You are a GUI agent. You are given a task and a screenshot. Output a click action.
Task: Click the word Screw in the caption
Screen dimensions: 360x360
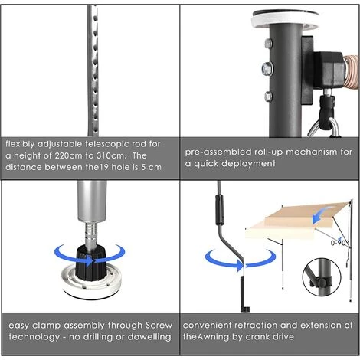(159, 326)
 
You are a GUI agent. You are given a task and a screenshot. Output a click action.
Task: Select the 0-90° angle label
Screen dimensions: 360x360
(339, 243)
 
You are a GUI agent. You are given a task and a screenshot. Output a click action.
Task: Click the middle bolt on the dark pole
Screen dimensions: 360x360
(267, 68)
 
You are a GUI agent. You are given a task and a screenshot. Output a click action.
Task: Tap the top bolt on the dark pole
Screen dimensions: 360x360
(268, 44)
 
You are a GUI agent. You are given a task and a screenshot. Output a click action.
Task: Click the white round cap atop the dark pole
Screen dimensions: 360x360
(285, 20)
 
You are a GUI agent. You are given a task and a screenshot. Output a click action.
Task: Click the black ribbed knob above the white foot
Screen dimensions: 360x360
(90, 263)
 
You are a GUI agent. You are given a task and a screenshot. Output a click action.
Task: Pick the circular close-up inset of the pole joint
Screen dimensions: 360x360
(321, 277)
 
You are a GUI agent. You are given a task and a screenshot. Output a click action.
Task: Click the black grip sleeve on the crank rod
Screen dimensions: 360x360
(220, 210)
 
